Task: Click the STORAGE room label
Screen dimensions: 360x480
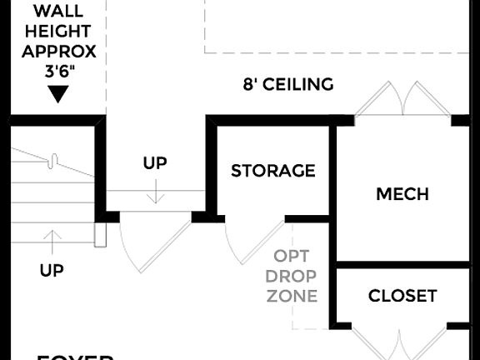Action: [x=272, y=171]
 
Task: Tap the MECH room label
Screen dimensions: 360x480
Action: [x=402, y=194]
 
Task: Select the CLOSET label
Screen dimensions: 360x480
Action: [x=402, y=296]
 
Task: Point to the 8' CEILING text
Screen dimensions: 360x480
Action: [x=288, y=84]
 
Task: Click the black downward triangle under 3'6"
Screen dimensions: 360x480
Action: [x=57, y=94]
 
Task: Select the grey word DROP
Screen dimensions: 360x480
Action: [x=292, y=275]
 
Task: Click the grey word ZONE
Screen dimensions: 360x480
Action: [x=292, y=295]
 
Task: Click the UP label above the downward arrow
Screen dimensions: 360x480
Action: [x=154, y=163]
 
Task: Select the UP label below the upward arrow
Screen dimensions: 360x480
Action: [x=52, y=270]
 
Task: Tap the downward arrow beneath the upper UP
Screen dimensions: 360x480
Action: [x=154, y=192]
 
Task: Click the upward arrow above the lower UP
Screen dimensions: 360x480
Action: [x=52, y=241]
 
